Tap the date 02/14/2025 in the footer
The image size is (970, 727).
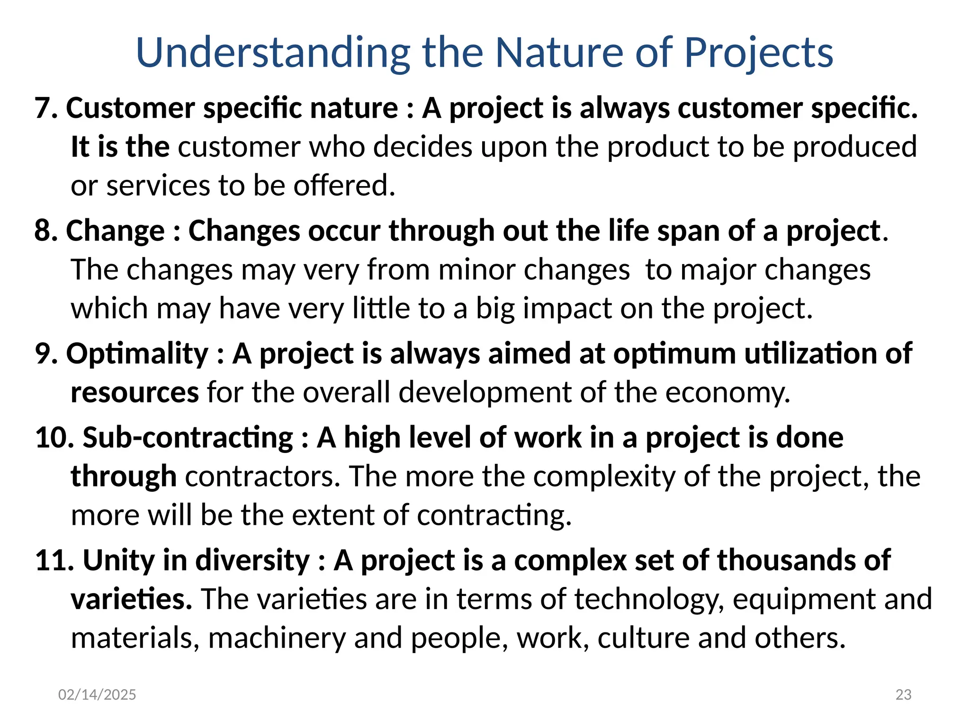click(x=97, y=694)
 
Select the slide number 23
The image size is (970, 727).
click(x=903, y=694)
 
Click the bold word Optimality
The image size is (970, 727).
click(x=137, y=354)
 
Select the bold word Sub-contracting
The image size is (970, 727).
click(x=188, y=437)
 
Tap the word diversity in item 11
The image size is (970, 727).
click(x=252, y=560)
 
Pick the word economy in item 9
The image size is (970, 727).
click(x=727, y=393)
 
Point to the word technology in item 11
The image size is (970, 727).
click(x=649, y=599)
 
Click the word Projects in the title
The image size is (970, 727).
click(x=758, y=53)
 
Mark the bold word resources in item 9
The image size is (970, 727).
click(x=135, y=393)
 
